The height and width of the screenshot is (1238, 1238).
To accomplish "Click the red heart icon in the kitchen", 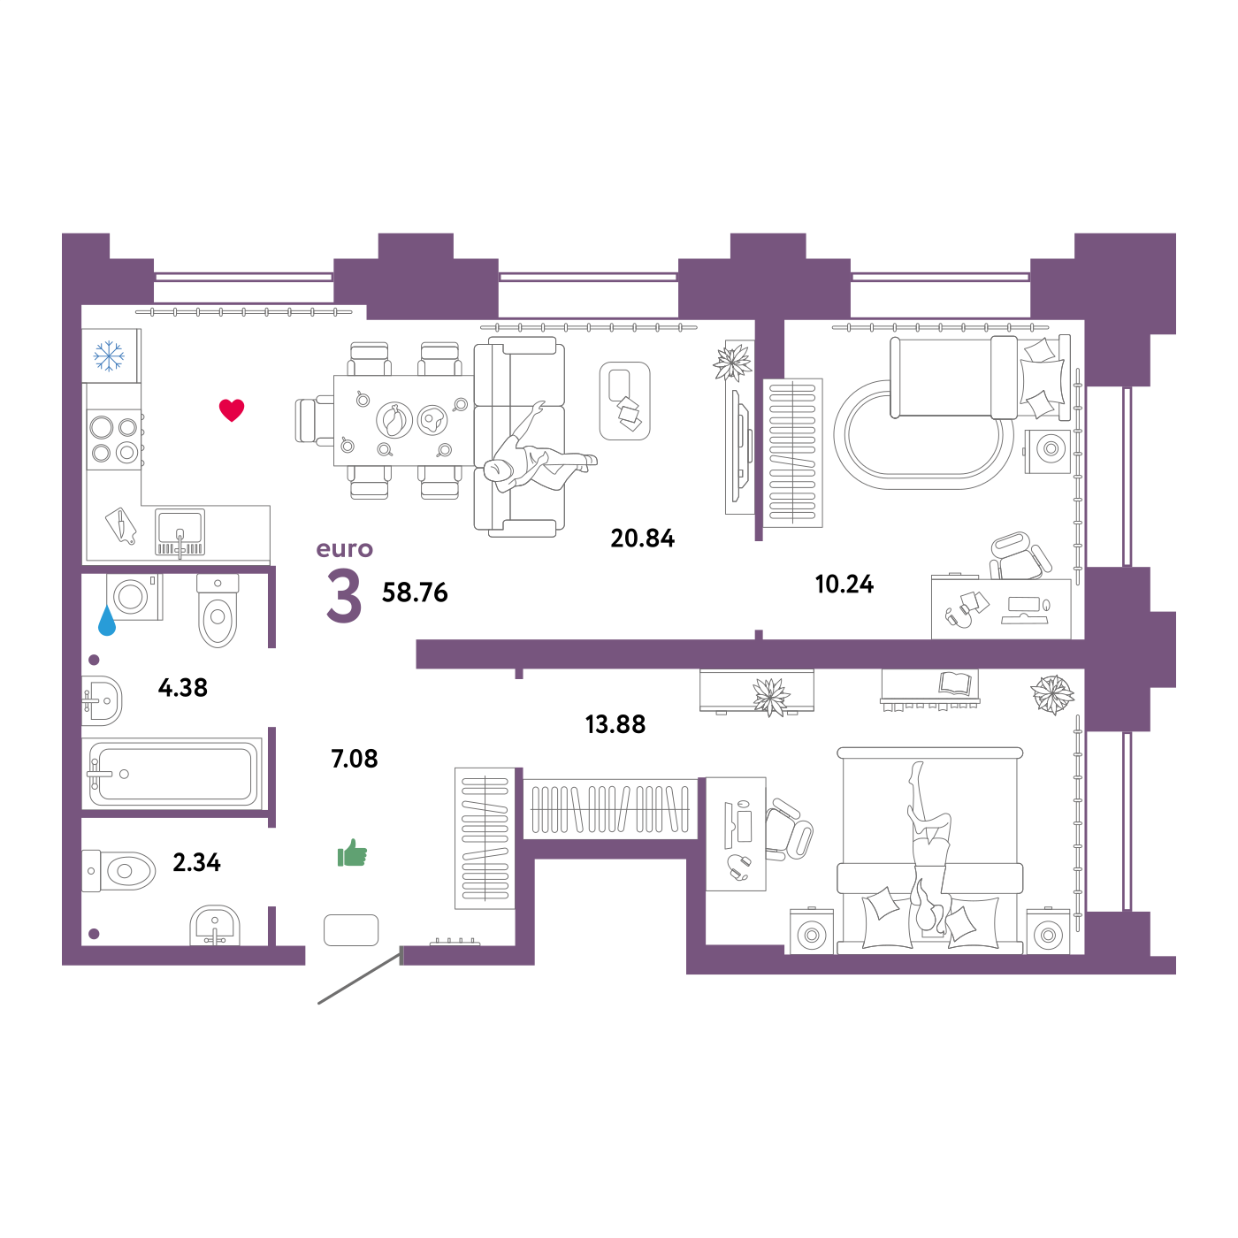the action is [232, 409].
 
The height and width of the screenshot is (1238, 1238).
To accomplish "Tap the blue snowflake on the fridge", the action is [109, 355].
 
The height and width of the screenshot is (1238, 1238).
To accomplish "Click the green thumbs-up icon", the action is [352, 852].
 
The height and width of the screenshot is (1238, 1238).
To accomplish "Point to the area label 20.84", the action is [642, 538].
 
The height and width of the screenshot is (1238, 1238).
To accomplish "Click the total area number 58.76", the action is [415, 592].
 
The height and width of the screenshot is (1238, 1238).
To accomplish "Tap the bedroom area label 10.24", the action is [844, 584].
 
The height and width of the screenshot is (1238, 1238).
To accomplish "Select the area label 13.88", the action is [615, 724].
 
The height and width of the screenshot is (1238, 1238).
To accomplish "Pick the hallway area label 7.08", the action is [354, 759].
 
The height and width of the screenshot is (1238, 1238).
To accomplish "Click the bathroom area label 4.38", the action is [182, 687].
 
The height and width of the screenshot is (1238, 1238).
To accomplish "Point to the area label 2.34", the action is [196, 862].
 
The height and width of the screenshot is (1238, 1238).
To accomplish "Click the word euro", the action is [344, 548].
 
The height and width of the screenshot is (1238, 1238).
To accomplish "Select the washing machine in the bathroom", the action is [134, 597].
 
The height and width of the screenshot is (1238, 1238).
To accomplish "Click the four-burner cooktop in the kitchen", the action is [114, 439].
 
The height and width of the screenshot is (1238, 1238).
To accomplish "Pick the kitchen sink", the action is [180, 532].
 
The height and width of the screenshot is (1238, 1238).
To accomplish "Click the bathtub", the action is [172, 773].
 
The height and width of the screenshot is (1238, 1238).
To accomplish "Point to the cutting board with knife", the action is [121, 526].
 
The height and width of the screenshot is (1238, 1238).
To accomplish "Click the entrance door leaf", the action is [360, 978].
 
